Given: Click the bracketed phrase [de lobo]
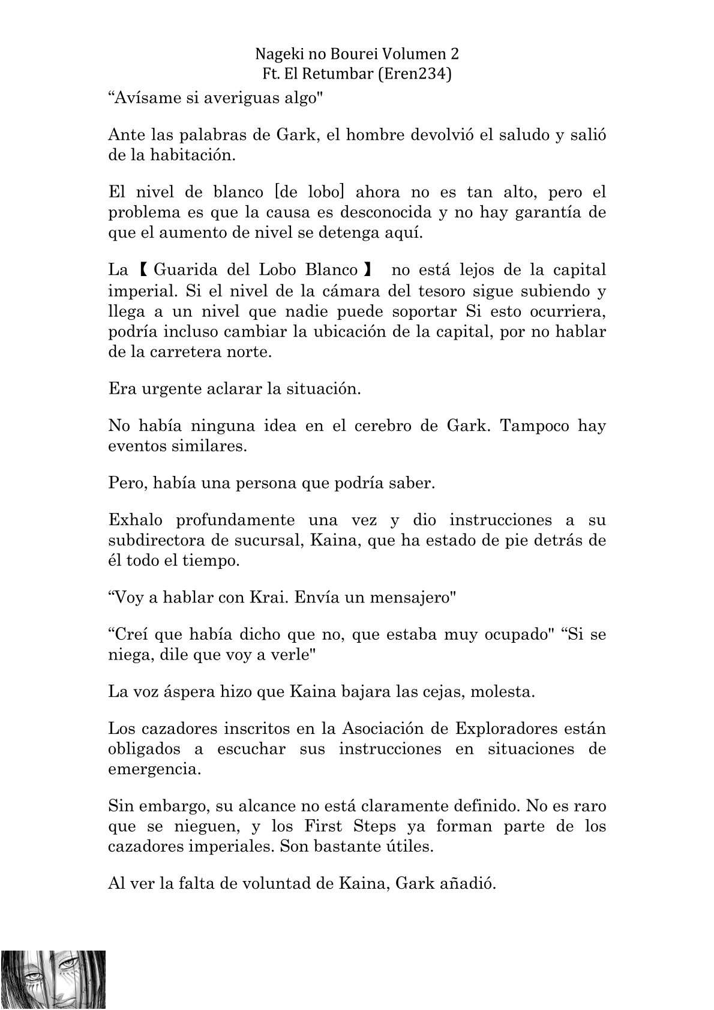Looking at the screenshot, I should click(308, 192).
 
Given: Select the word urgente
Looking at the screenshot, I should click(173, 389).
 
